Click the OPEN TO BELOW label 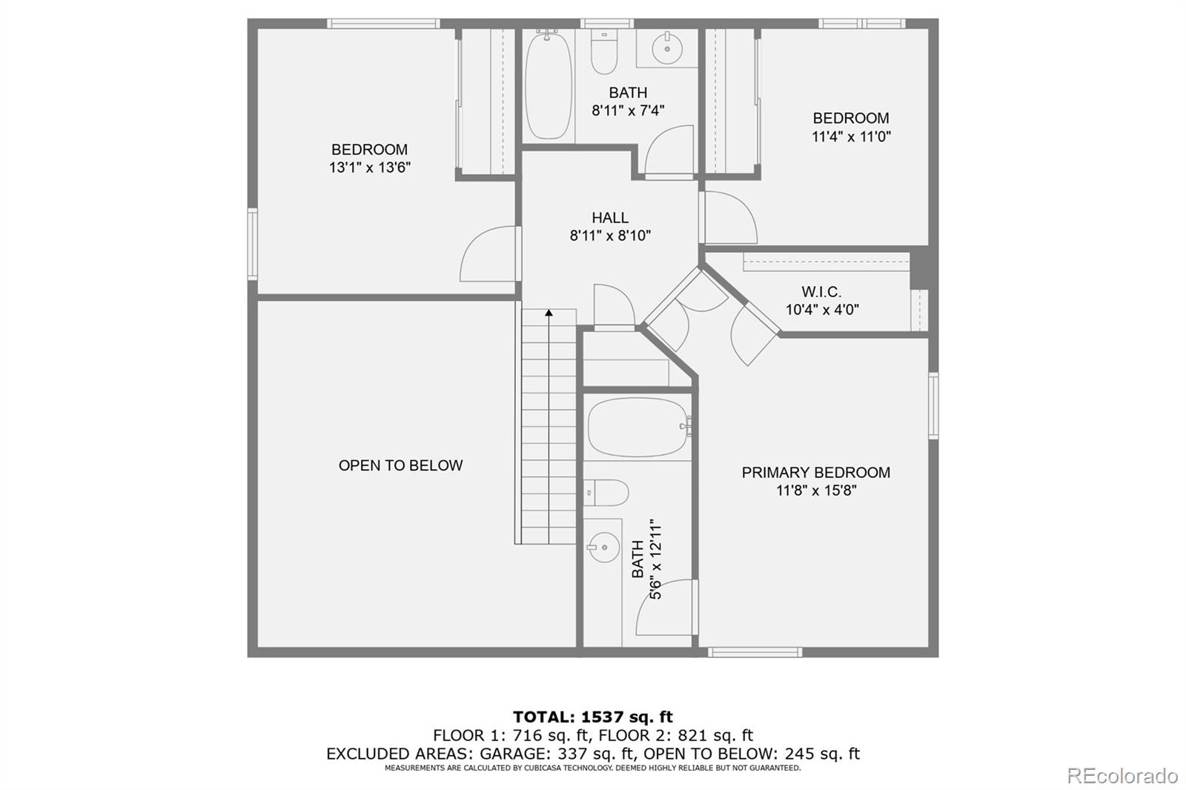(x=400, y=465)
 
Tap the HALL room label (x=610, y=218)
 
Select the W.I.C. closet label (x=821, y=292)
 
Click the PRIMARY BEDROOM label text (x=815, y=473)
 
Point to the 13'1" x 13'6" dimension (x=369, y=167)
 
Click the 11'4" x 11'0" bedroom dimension (x=851, y=136)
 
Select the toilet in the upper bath (x=604, y=52)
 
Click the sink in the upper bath (x=667, y=49)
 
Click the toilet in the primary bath (x=608, y=493)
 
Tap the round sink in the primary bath (x=604, y=548)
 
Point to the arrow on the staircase (x=549, y=313)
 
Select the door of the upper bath (x=669, y=152)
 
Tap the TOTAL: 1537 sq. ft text (x=593, y=717)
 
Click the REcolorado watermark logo (x=1122, y=776)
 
